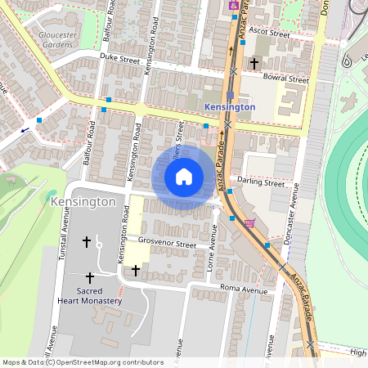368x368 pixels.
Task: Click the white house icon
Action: coord(184,176)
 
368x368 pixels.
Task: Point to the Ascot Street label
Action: coord(271,34)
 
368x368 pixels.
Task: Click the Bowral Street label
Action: coord(286,80)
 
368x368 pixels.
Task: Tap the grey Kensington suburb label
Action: coord(83,201)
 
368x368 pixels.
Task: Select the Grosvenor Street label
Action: coord(168,244)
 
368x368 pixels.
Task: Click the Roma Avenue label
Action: coord(244,290)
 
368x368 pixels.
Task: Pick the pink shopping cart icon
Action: coord(249,222)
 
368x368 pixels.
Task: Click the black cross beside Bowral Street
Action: coord(254,62)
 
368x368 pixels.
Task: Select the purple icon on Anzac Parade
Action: coord(234,5)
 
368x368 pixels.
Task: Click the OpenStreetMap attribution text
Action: coord(82,362)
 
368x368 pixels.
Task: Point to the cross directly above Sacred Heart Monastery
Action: coord(89,278)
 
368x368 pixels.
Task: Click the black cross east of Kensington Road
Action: coord(136,270)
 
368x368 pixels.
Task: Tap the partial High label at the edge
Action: coord(358,352)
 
